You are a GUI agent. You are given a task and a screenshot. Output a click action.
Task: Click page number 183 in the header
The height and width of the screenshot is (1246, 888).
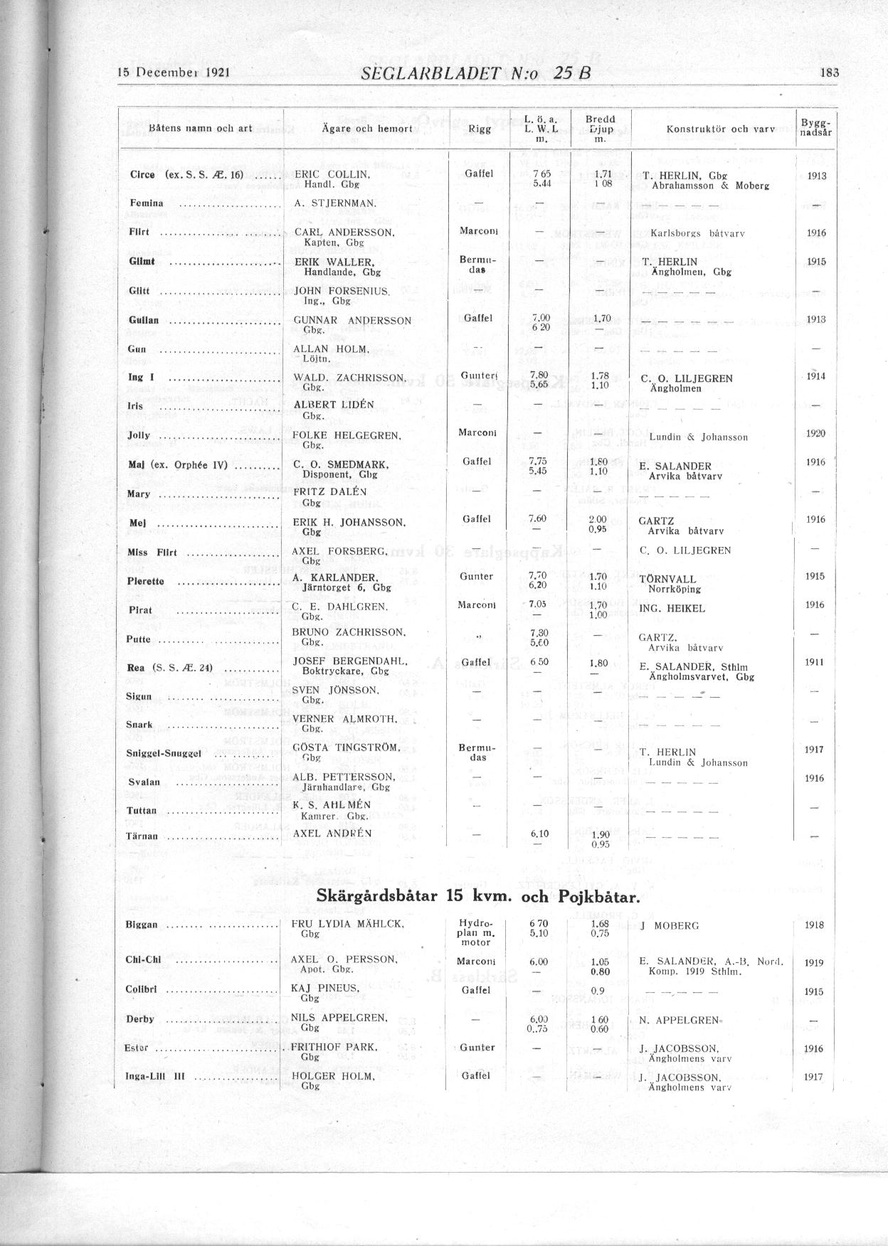click(x=830, y=72)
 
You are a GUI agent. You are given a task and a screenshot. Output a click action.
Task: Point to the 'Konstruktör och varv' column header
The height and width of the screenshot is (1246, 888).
click(x=720, y=129)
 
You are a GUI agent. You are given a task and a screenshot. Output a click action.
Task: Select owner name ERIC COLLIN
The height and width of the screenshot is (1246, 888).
click(x=331, y=174)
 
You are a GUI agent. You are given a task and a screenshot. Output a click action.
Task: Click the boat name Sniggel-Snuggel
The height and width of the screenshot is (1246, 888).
click(x=164, y=753)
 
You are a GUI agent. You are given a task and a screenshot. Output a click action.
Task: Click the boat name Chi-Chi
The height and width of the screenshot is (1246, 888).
click(x=143, y=959)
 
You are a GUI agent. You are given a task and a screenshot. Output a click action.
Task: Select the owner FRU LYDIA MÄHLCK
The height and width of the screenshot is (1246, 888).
click(x=347, y=924)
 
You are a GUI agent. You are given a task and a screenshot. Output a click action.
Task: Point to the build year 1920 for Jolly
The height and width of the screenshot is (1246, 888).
click(x=815, y=433)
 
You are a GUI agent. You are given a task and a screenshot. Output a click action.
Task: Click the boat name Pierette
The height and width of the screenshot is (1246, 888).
click(x=145, y=581)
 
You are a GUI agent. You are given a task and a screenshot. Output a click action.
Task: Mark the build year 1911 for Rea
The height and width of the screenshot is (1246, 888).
click(x=815, y=662)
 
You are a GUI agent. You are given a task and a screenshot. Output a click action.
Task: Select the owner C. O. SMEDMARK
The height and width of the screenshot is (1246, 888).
click(x=340, y=464)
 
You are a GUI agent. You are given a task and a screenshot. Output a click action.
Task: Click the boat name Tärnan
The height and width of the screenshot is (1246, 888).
click(x=142, y=836)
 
